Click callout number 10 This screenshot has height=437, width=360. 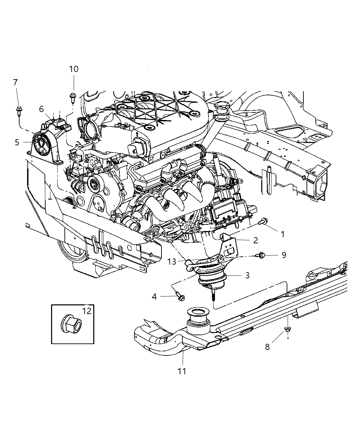pos(74,69)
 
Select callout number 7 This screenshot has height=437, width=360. pos(15,82)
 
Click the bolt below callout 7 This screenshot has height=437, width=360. pos(19,110)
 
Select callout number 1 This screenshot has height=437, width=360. pos(283,234)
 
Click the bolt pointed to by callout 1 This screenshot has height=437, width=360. pos(263,222)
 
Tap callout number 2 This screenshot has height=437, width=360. pos(255,240)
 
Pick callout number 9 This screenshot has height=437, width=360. pos(284,255)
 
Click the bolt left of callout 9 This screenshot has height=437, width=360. pos(261,255)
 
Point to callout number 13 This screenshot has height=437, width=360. pos(172,262)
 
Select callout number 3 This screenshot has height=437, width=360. pos(247,275)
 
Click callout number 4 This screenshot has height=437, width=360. pos(154,296)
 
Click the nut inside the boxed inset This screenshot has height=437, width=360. pos(71,324)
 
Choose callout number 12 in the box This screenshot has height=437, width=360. pos(87,311)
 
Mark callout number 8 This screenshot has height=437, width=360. pos(267,347)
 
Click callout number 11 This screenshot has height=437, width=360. pos(182,371)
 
